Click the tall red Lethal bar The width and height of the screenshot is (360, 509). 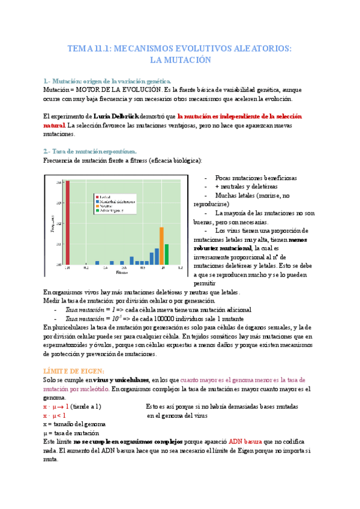[x=68, y=221]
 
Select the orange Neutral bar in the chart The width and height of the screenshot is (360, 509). [x=161, y=245]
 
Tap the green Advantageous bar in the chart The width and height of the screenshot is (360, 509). [x=167, y=254]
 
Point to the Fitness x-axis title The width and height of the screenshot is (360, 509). [x=122, y=272]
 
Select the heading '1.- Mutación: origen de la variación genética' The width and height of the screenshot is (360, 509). [x=107, y=81]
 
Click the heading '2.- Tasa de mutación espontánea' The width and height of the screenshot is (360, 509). [x=91, y=151]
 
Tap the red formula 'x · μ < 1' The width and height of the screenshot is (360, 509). [x=55, y=415]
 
